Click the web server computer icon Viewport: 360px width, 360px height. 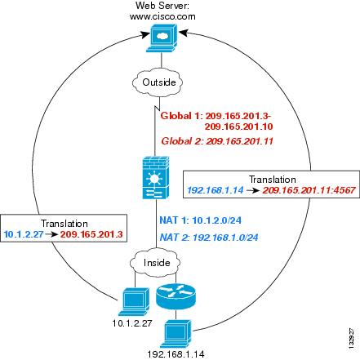coord(162,38)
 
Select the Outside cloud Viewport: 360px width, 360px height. coord(158,82)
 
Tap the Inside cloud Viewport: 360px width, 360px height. coord(155,262)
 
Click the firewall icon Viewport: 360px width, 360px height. coord(156,177)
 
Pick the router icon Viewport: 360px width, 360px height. coord(176,296)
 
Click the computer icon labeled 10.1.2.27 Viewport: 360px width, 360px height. coord(134,302)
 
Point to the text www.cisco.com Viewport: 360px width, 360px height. coord(162,16)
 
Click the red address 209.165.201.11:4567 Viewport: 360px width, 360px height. coord(309,190)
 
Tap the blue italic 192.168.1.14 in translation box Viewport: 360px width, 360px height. coord(216,190)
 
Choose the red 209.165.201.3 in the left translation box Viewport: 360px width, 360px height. coord(91,234)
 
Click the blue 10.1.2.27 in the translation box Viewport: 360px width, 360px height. coord(24,234)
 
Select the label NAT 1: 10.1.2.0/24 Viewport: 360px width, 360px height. coord(200,220)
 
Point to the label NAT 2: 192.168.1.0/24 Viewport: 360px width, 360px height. coord(209,238)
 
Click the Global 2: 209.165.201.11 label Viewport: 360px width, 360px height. coord(217,141)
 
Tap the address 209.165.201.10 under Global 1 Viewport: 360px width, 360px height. coord(238,127)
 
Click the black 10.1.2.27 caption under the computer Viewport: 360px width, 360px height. coord(132,323)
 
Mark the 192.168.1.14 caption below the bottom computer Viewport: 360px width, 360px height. coord(176,354)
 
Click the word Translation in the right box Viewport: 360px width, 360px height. coord(273,180)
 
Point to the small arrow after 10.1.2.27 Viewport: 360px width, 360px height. coord(51,234)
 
